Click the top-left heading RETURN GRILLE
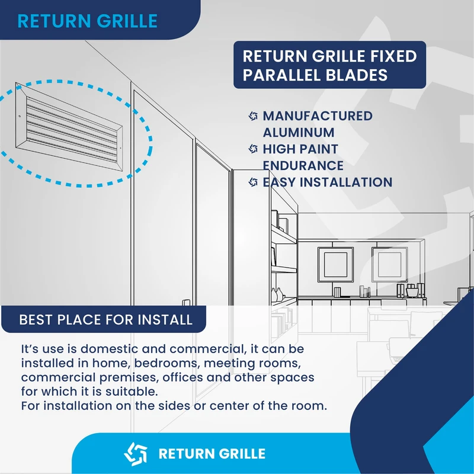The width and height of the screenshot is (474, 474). pos(87,21)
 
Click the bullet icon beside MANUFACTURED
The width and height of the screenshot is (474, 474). pos(253,116)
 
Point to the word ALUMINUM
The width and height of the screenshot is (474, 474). pos(299,133)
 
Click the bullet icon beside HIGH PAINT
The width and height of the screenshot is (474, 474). pos(253,149)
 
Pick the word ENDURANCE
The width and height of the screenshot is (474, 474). pos(303,165)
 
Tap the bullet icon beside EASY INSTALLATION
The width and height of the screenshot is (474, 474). pos(253,182)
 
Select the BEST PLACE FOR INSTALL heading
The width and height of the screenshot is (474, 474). pos(105,320)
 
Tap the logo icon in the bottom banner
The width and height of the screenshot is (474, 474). pos(135,454)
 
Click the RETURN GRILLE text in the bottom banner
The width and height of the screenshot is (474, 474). pos(212,454)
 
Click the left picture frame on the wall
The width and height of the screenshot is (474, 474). pos(335,264)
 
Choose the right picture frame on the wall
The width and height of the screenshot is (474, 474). pos(389,264)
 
